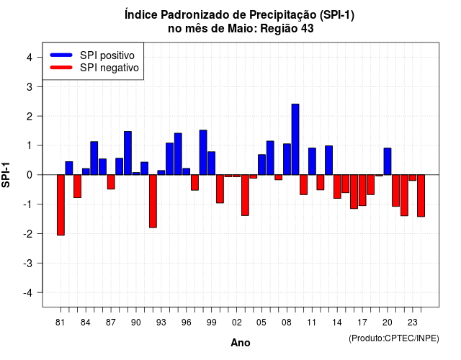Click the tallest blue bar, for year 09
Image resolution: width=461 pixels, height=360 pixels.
tap(295, 139)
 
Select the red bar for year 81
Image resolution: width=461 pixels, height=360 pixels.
tap(61, 204)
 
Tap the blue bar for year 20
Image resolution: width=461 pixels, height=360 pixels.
tap(388, 161)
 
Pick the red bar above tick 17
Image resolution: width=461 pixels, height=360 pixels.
tap(362, 190)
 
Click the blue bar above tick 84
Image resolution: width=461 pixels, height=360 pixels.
tap(86, 171)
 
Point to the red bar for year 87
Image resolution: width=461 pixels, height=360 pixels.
tap(111, 182)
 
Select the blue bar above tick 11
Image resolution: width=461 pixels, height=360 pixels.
tap(312, 161)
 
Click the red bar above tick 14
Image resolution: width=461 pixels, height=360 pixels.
tap(337, 186)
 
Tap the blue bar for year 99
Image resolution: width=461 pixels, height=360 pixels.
tap(211, 163)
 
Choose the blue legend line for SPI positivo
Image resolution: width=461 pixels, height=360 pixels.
tap(61, 55)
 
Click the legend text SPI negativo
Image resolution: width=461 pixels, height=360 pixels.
tap(109, 68)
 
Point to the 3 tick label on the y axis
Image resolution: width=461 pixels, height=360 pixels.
tap(30, 86)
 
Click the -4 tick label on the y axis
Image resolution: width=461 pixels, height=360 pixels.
tap(28, 293)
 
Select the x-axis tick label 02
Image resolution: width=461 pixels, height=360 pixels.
tap(236, 323)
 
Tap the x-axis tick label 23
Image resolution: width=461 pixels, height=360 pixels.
tap(412, 323)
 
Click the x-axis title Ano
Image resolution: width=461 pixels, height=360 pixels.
tap(241, 343)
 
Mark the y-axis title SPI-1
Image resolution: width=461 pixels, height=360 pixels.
tap(6, 175)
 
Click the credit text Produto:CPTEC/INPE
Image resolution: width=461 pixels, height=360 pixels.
tap(394, 338)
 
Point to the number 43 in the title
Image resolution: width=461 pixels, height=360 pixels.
tap(308, 29)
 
